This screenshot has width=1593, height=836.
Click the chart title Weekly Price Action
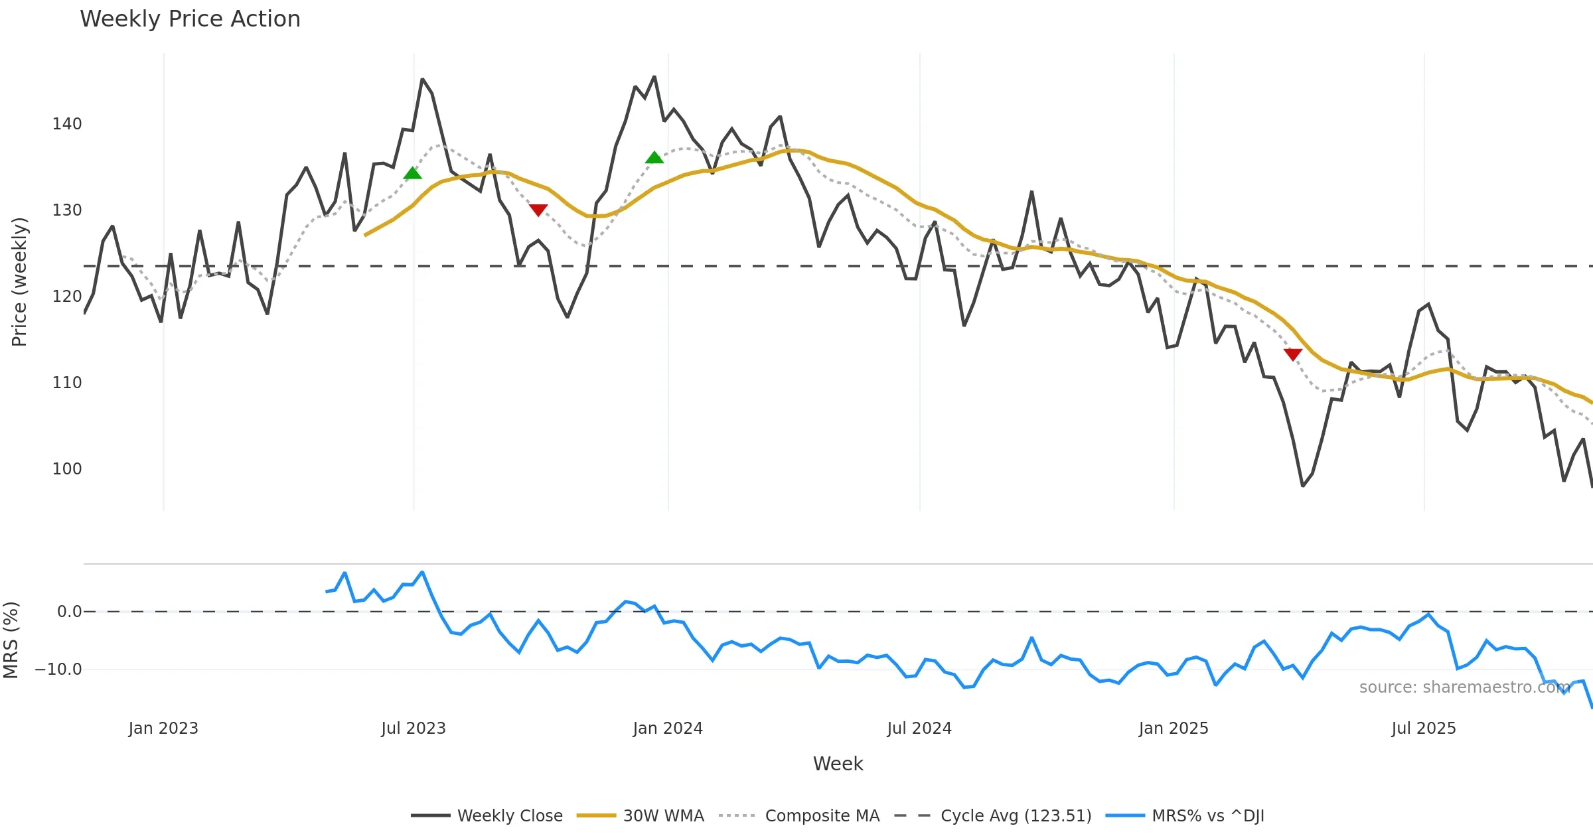tap(190, 19)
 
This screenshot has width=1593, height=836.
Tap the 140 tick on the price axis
tap(67, 124)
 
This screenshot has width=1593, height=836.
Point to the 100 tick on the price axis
tap(67, 469)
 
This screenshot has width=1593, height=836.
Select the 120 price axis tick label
tap(67, 297)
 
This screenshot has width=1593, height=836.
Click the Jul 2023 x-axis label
tap(414, 729)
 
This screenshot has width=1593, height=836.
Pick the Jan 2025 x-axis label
tap(1174, 729)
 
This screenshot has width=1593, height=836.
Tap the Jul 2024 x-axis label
tap(919, 729)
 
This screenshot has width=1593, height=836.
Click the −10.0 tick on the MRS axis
tap(58, 669)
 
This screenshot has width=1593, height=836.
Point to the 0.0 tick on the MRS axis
tap(70, 612)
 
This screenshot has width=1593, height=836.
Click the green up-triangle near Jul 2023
tap(413, 174)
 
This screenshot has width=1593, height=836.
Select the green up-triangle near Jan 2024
tap(654, 158)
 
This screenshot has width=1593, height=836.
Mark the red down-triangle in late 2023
tap(538, 210)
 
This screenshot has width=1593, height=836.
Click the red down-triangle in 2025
tap(1293, 354)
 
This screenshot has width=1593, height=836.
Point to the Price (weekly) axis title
tap(19, 282)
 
